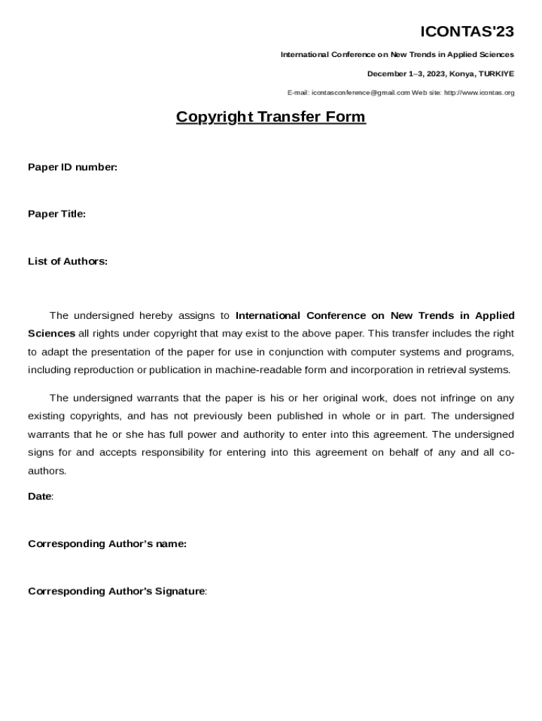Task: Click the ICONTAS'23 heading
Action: [x=467, y=32]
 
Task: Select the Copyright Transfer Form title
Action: [x=270, y=117]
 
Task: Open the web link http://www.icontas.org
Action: [x=479, y=93]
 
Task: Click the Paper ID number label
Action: [x=73, y=168]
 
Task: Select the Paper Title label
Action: [x=57, y=214]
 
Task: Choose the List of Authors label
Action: [x=68, y=262]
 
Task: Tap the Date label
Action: [x=40, y=496]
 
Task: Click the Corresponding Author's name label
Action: [x=107, y=544]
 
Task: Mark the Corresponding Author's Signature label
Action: [x=117, y=591]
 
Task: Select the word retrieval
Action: [x=448, y=370]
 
